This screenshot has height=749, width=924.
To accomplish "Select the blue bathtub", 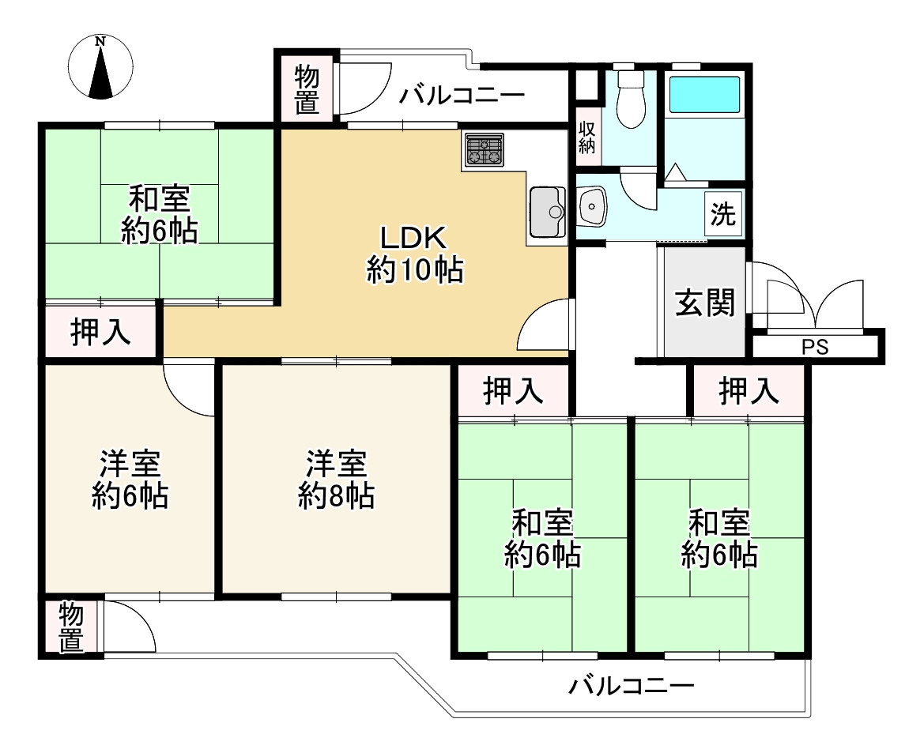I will pyautogui.click(x=705, y=96).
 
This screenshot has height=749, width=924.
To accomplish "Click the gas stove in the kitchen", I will pyautogui.click(x=484, y=149).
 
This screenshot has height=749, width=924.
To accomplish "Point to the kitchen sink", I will pyautogui.click(x=546, y=211).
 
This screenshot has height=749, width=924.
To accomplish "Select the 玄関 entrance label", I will pyautogui.click(x=704, y=302).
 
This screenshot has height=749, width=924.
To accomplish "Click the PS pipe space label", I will pyautogui.click(x=815, y=347).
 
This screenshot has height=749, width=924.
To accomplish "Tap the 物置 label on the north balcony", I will pyautogui.click(x=307, y=89).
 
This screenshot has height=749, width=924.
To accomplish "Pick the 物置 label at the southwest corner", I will pyautogui.click(x=71, y=628).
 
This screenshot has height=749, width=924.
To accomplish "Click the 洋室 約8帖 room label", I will pyautogui.click(x=336, y=479).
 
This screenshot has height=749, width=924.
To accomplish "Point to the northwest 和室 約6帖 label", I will pyautogui.click(x=159, y=213).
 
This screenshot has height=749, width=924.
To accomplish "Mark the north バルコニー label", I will pyautogui.click(x=462, y=96).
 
